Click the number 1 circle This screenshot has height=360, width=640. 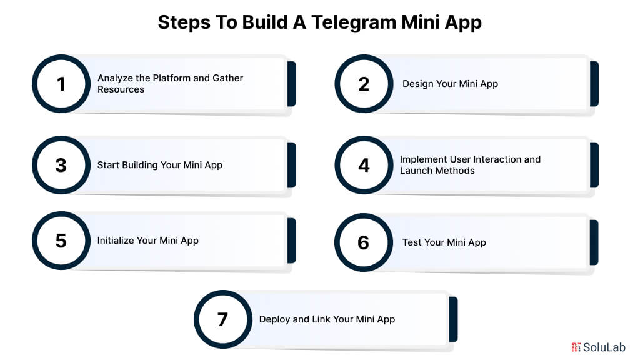pos(61,84)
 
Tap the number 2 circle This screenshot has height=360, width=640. pos(364,84)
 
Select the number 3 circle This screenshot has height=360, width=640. pos(61,165)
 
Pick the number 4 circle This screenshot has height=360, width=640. pos(364,165)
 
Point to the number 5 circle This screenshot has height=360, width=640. pos(61,241)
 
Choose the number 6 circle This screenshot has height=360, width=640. pos(364,242)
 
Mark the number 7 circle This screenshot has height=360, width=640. pos(223,319)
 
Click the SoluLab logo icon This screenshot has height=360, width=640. pos(576,347)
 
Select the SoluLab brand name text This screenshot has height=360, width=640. pos(604,347)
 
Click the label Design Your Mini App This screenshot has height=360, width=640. pos(450,84)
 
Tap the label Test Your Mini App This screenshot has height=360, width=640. pos(444,242)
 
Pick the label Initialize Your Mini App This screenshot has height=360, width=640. pos(147,241)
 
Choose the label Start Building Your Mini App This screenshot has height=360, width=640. pos(159,165)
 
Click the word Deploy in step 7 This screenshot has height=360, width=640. pos(274,319)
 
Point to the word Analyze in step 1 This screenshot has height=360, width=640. pos(114,78)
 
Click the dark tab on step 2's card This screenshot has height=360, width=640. pos(594,84)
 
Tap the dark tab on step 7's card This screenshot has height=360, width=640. pos(453,319)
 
